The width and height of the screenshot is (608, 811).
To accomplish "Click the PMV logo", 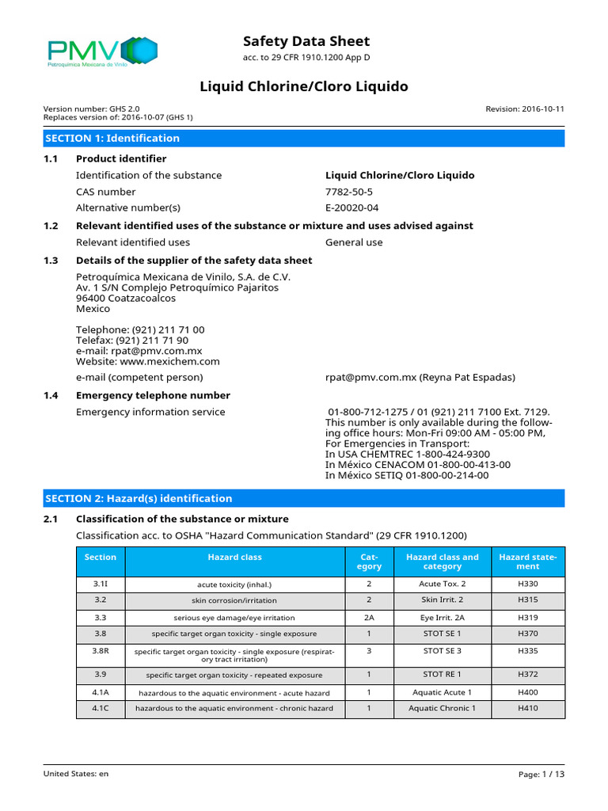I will [102, 53].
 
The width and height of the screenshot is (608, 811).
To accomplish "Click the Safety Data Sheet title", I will [306, 41].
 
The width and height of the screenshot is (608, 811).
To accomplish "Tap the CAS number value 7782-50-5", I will [349, 192].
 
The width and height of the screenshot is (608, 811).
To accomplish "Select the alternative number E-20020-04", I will [352, 208].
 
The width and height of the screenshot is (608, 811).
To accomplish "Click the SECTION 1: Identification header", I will [112, 138].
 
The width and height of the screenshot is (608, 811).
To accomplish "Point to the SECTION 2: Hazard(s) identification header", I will [139, 498].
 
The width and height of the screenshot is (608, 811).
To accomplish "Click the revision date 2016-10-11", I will [525, 109].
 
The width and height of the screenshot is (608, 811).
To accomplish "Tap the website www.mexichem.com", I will [147, 361].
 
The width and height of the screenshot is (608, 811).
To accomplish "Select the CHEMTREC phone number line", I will [408, 454].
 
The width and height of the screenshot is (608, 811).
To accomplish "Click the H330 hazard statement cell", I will [527, 584].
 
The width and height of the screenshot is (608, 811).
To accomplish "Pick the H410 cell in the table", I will [527, 708].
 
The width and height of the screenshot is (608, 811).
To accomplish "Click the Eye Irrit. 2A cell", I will [442, 617].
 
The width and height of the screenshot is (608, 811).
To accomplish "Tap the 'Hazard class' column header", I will [234, 558].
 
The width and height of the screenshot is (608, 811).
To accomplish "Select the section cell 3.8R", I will [101, 650].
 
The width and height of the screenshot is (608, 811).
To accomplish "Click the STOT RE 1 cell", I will [442, 675].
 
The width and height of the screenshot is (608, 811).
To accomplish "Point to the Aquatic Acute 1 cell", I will [442, 692].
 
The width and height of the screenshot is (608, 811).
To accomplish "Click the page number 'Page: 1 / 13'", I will [541, 774].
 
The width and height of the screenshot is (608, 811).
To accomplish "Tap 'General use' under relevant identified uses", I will [354, 242].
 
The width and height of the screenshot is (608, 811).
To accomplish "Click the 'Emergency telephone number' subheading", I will [153, 395].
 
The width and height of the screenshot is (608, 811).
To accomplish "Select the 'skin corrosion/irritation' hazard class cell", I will [234, 600].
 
